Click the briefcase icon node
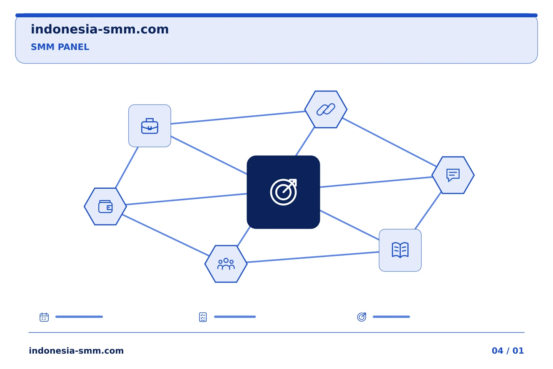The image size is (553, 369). pyautogui.click(x=150, y=126)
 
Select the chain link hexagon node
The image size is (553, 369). pyautogui.click(x=326, y=110)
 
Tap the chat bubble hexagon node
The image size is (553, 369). pyautogui.click(x=453, y=175)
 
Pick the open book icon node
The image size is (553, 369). pyautogui.click(x=400, y=250)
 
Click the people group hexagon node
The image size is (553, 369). pyautogui.click(x=226, y=264)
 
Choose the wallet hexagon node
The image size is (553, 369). pyautogui.click(x=105, y=207)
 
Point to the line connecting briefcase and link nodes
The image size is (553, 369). pyautogui.click(x=238, y=117)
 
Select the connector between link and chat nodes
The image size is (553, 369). pyautogui.click(x=389, y=142)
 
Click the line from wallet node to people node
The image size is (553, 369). pyautogui.click(x=166, y=235)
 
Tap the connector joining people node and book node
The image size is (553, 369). pyautogui.click(x=313, y=257)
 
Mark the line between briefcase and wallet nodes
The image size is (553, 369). pyautogui.click(x=127, y=168)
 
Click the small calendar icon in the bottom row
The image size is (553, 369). pyautogui.click(x=44, y=317)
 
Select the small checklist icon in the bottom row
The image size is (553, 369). pyautogui.click(x=203, y=317)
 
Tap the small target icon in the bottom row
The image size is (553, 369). pyautogui.click(x=362, y=317)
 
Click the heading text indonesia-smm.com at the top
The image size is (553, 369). pyautogui.click(x=100, y=30)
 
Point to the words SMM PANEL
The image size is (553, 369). pyautogui.click(x=60, y=47)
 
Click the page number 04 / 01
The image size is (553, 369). pyautogui.click(x=508, y=351)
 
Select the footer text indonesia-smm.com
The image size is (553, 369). pyautogui.click(x=76, y=351)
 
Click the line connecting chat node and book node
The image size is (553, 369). pyautogui.click(x=428, y=211)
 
